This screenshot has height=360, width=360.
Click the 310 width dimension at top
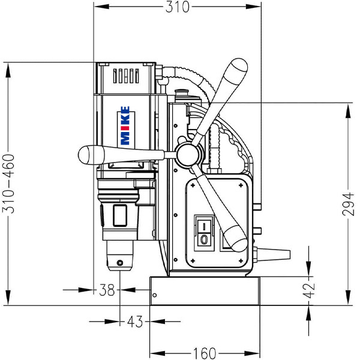178,7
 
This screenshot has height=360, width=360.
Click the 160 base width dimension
205,352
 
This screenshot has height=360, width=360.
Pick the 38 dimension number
107,290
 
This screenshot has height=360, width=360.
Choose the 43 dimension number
135,322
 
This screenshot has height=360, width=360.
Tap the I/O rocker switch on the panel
205,233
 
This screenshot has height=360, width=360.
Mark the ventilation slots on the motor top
125,76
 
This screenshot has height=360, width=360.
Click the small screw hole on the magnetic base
154,295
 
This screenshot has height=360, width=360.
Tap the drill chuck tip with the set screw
120,262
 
